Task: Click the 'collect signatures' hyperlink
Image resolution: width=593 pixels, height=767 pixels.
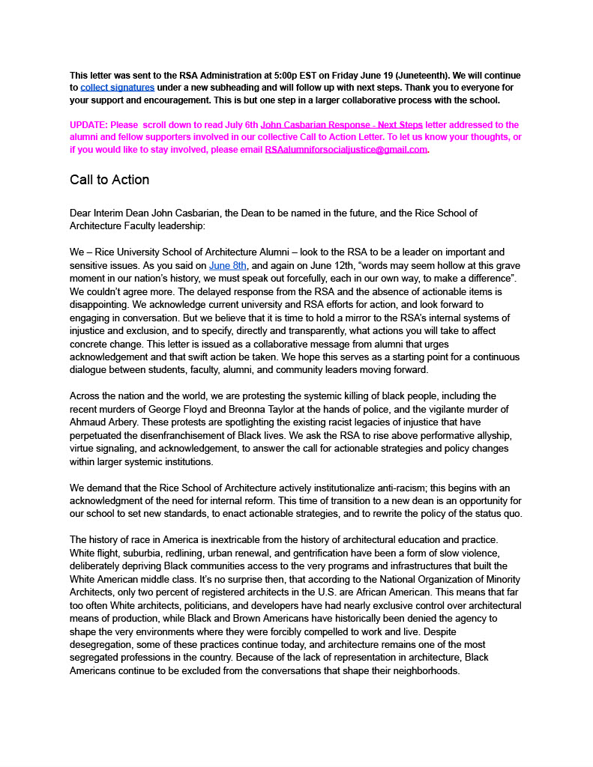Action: coord(117,88)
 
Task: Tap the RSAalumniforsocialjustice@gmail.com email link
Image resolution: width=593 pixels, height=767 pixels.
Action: coord(346,149)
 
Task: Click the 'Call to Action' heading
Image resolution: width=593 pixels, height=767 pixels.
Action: coord(109,180)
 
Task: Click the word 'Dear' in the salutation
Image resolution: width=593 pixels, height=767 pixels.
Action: coord(81,213)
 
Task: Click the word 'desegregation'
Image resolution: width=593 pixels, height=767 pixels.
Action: coord(103,644)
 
